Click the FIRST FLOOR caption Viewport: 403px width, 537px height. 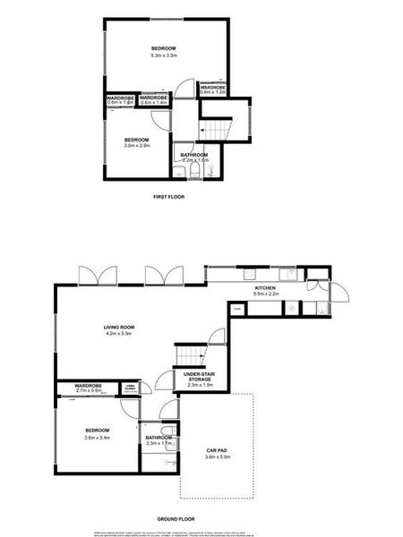pyautogui.click(x=169, y=196)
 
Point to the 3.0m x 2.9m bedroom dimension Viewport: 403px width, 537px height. pyautogui.click(x=135, y=145)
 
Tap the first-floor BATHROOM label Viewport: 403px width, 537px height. pyautogui.click(x=194, y=156)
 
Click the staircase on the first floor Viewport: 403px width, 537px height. pyautogui.click(x=220, y=131)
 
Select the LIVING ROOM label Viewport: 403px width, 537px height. pyautogui.click(x=118, y=328)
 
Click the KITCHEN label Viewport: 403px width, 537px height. pyautogui.click(x=263, y=287)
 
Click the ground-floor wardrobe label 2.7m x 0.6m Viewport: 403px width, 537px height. pyautogui.click(x=95, y=390)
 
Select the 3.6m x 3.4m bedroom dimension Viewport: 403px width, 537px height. pyautogui.click(x=97, y=438)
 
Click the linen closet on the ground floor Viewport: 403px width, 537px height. pyautogui.click(x=130, y=388)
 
